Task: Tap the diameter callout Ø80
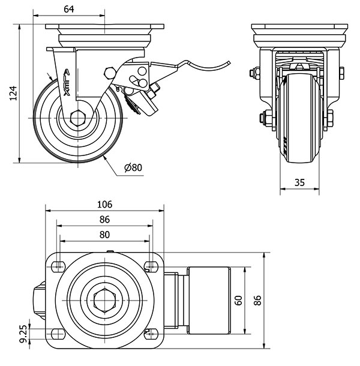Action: pos(133,168)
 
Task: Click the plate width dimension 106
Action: pos(104,204)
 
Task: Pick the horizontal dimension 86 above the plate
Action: pos(104,220)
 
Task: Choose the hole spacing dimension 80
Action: pos(104,234)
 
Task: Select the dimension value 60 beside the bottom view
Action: pos(238,301)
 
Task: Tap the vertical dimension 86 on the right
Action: pos(259,301)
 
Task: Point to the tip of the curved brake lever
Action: pos(230,62)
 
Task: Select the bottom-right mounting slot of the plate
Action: pos(151,334)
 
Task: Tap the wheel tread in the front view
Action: pos(299,120)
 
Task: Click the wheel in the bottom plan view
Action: pos(208,300)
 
